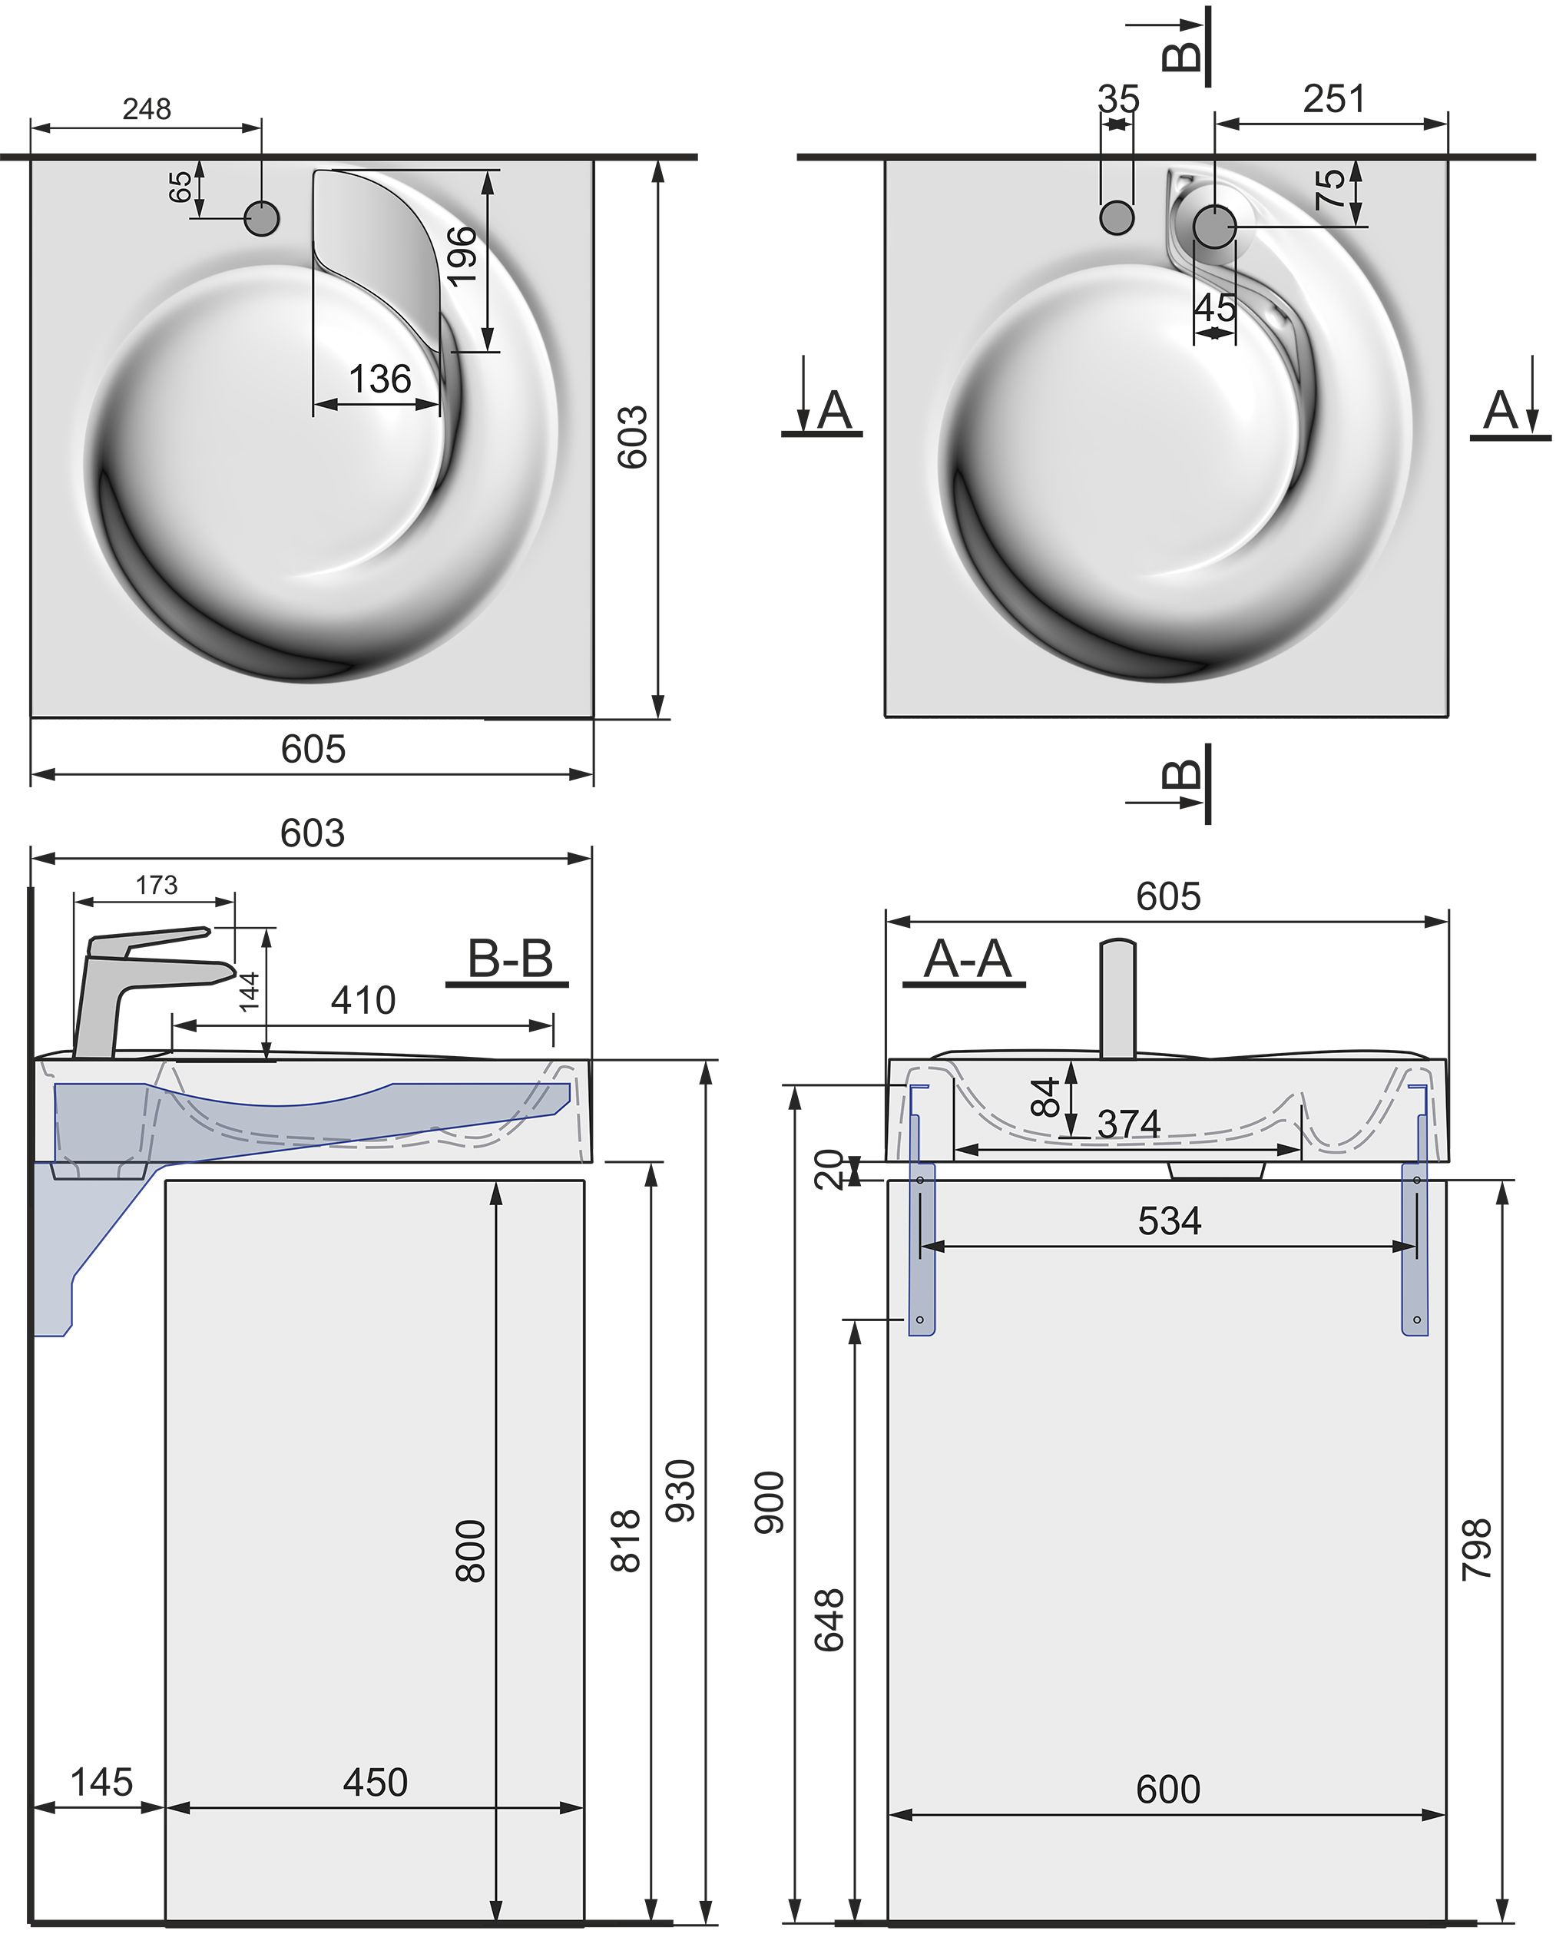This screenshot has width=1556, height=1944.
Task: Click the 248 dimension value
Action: (x=147, y=109)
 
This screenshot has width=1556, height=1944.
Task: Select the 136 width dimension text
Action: (x=379, y=379)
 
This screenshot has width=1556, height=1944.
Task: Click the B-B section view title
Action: (x=509, y=959)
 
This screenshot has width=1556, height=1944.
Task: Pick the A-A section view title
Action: (x=966, y=959)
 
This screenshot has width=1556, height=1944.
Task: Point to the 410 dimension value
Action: (x=363, y=1000)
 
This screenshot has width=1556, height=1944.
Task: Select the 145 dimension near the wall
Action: (x=101, y=1782)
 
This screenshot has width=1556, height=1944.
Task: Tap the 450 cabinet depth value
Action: (x=375, y=1782)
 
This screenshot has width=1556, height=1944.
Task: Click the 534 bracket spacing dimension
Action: (x=1169, y=1222)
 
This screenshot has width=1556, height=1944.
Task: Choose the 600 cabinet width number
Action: (x=1167, y=1789)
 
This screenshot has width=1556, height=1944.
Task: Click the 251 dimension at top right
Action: (x=1333, y=99)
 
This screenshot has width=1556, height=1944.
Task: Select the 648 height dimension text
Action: (x=829, y=1621)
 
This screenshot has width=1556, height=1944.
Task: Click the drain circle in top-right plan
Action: (x=1214, y=227)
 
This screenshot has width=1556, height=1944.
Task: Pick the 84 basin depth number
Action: (x=1045, y=1098)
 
